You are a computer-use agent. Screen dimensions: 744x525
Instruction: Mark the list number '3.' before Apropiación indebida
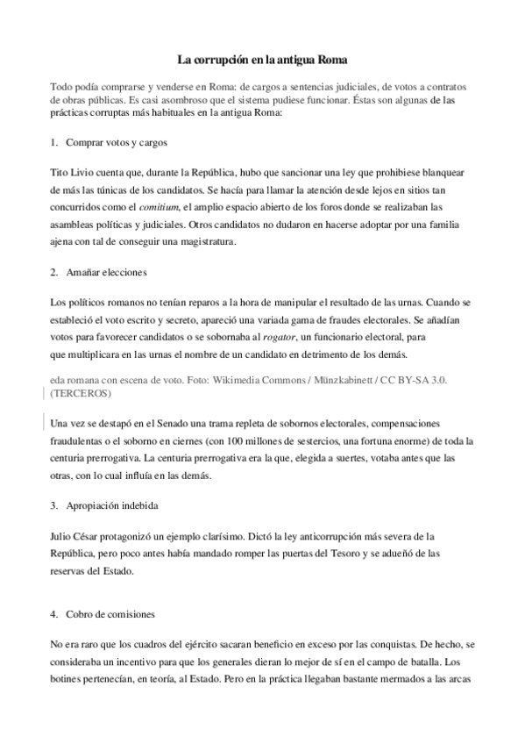pyautogui.click(x=55, y=506)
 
